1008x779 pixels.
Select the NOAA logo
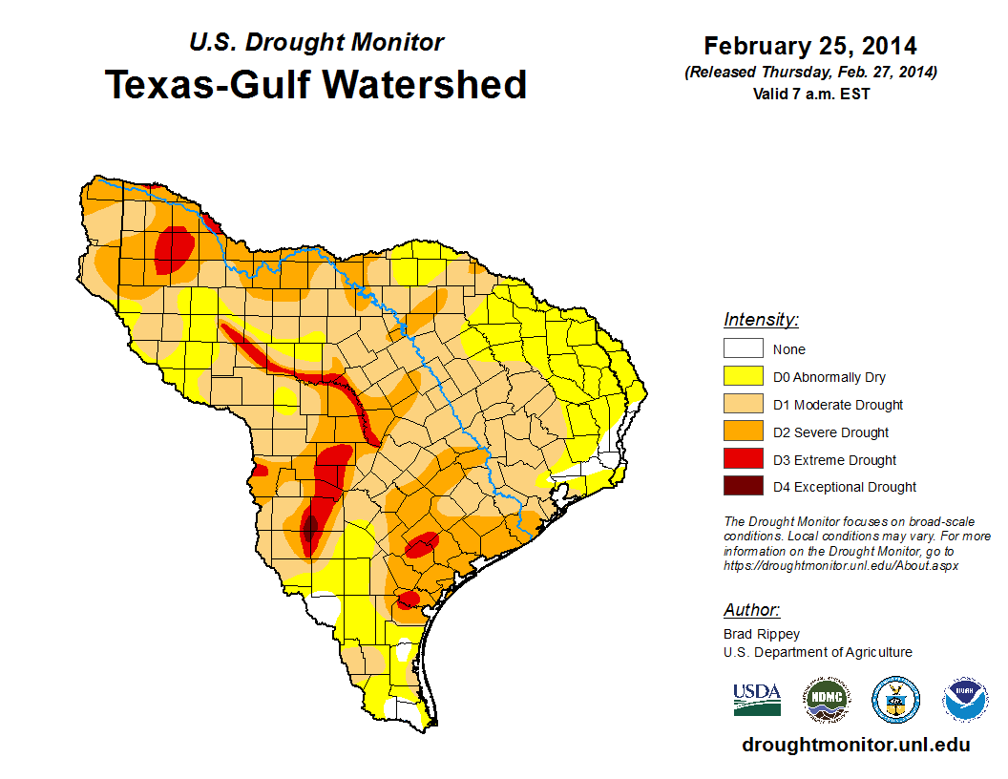[x=965, y=701]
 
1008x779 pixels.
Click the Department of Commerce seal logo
[x=896, y=701]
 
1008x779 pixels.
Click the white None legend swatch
[x=743, y=349]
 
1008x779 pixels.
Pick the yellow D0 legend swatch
[x=743, y=377]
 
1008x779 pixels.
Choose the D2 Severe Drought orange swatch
[x=743, y=432]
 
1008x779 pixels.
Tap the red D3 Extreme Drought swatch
[x=743, y=460]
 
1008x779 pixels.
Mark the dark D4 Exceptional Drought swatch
[x=743, y=487]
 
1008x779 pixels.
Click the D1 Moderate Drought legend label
[x=838, y=405]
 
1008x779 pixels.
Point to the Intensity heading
[x=761, y=320]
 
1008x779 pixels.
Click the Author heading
[x=751, y=610]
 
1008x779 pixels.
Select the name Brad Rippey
[x=762, y=634]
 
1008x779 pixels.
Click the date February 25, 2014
[x=810, y=46]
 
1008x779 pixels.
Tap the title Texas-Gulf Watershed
[x=316, y=84]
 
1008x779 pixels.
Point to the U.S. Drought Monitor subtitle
[x=316, y=42]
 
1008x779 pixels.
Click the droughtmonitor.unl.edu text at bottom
[x=855, y=745]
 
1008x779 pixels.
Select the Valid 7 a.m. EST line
[x=810, y=94]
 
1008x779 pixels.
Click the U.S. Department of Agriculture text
[x=818, y=652]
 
